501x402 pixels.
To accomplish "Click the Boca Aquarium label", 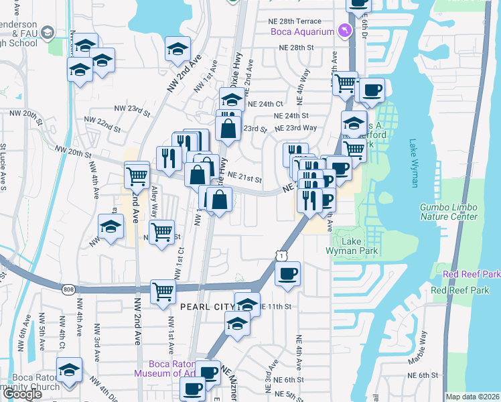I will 301,31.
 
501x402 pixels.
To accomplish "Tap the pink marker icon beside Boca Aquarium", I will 344,31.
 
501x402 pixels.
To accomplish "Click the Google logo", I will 22,394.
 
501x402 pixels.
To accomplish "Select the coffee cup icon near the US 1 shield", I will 287,273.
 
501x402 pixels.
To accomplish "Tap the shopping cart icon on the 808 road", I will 163,292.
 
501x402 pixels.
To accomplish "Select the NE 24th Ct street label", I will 265,105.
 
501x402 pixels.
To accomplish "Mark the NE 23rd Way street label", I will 295,128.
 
